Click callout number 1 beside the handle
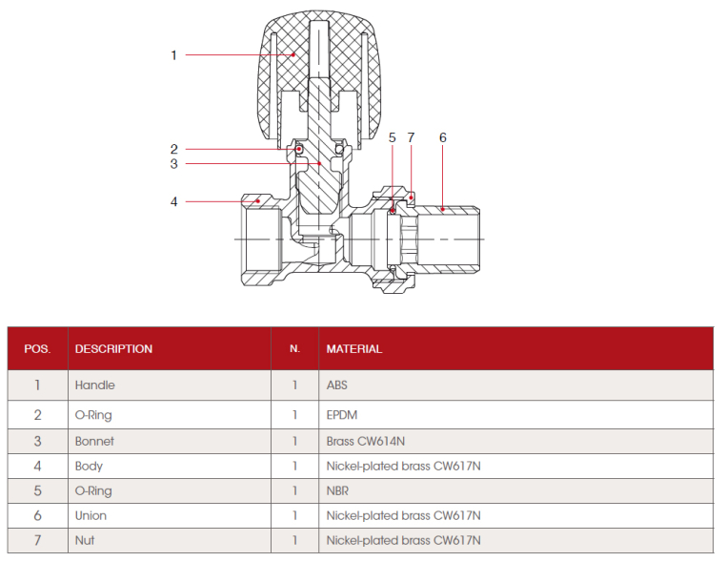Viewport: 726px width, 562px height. [x=173, y=55]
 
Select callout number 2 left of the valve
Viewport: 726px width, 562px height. [x=173, y=149]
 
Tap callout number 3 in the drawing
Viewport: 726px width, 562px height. [x=173, y=164]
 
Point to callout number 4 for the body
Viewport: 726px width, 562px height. [x=173, y=201]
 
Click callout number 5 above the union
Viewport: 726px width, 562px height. [x=392, y=137]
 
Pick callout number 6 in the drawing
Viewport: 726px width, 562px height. [x=442, y=137]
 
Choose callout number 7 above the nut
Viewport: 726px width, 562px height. [x=411, y=137]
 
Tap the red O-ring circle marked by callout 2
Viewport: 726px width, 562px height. [x=299, y=149]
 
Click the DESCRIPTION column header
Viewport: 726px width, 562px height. [x=113, y=349]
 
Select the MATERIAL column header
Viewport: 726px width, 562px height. [x=353, y=349]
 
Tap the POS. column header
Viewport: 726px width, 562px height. [x=37, y=349]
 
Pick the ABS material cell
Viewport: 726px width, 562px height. [x=338, y=385]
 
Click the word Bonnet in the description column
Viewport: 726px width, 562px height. [x=94, y=442]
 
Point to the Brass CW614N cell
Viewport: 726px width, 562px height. [x=367, y=442]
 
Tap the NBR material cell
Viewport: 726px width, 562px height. [x=338, y=491]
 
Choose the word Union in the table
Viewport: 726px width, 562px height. [x=91, y=515]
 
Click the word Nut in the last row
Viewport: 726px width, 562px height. [x=85, y=540]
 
